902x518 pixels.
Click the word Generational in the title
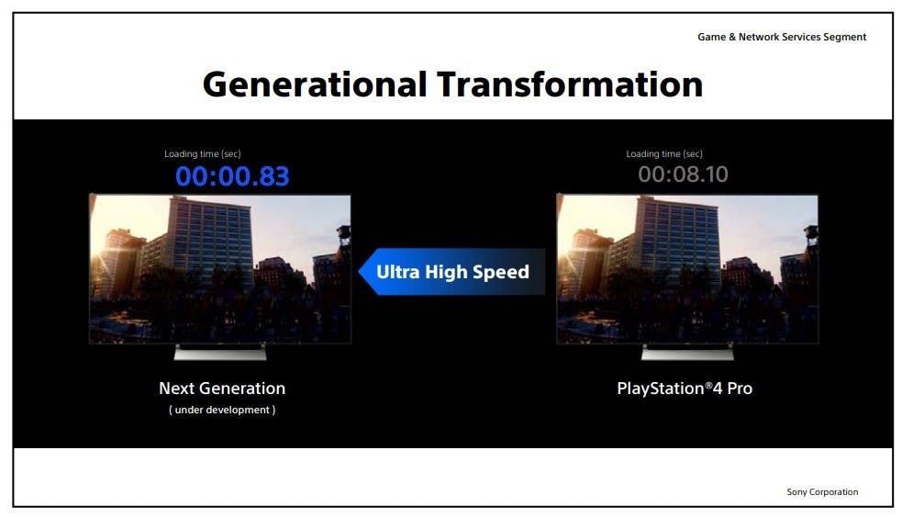click(x=315, y=84)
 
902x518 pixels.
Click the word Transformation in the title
click(x=570, y=84)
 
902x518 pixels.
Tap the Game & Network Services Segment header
click(x=782, y=37)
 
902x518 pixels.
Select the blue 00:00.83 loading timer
click(x=232, y=176)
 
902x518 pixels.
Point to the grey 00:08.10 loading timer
click(x=683, y=175)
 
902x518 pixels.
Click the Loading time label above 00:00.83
click(x=203, y=153)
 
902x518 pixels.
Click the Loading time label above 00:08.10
click(x=664, y=153)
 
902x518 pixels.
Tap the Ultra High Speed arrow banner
click(x=451, y=272)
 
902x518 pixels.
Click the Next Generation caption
click(x=222, y=388)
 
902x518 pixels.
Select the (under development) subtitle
click(x=222, y=410)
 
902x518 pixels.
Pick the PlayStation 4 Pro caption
click(x=685, y=388)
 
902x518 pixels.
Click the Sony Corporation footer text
click(x=822, y=492)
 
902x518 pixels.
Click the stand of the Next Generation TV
click(x=220, y=353)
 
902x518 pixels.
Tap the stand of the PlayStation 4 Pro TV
click(x=687, y=353)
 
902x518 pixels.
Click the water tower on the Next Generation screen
click(x=344, y=234)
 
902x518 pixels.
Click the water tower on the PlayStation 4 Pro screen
click(x=811, y=234)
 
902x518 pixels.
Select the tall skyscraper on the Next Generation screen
click(x=210, y=242)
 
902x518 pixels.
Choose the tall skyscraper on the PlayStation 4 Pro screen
click(x=677, y=242)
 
